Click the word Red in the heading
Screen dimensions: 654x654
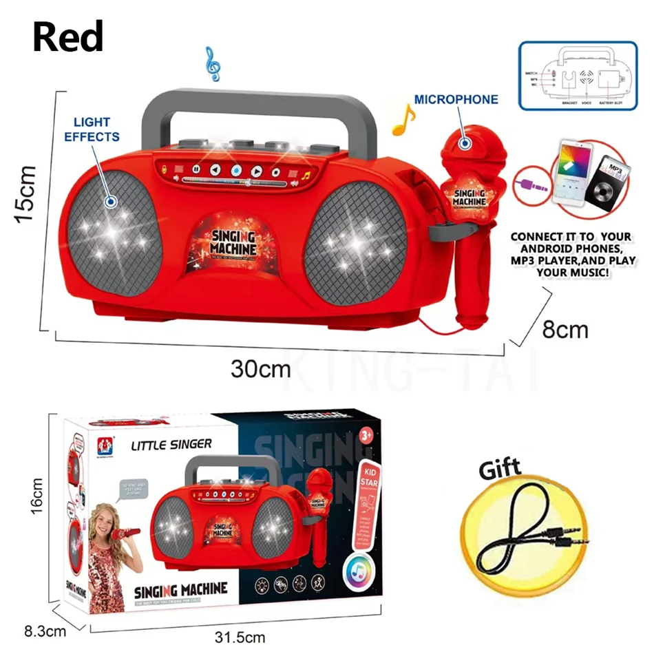[x=67, y=36]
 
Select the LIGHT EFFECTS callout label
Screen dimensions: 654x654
[x=92, y=129]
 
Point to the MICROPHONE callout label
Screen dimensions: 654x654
[x=456, y=100]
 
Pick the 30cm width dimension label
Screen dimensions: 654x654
[x=260, y=369]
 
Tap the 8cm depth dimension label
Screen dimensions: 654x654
[x=565, y=330]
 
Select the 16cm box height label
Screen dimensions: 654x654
[x=37, y=496]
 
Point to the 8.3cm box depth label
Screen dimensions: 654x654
[x=44, y=630]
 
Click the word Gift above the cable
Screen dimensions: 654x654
[x=500, y=472]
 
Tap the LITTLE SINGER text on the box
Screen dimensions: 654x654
[x=171, y=445]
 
